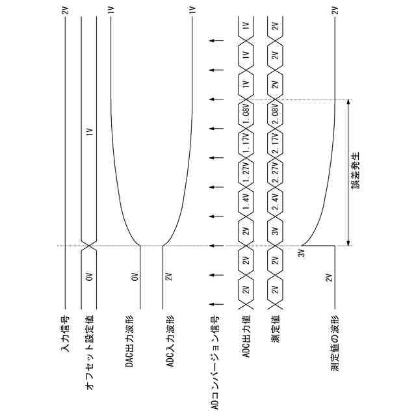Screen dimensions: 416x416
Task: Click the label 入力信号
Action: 65,333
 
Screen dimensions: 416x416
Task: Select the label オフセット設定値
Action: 90,352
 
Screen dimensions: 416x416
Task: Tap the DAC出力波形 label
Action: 129,341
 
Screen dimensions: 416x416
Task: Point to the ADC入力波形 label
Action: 170,341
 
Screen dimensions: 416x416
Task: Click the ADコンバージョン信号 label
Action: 215,363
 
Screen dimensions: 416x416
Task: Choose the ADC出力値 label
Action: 246,337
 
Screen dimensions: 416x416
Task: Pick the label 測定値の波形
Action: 335,343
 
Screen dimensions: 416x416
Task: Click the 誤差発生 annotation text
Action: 356,170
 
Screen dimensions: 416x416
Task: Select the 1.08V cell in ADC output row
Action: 246,114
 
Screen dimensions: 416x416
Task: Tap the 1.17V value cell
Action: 246,143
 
